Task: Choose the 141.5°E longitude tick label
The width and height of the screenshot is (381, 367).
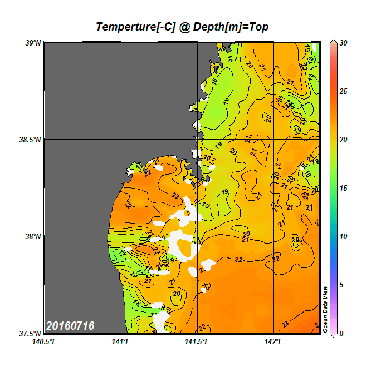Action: [x=198, y=342]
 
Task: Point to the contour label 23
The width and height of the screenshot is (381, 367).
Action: [x=285, y=324]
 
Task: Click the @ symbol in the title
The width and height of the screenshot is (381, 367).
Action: [x=184, y=27]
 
